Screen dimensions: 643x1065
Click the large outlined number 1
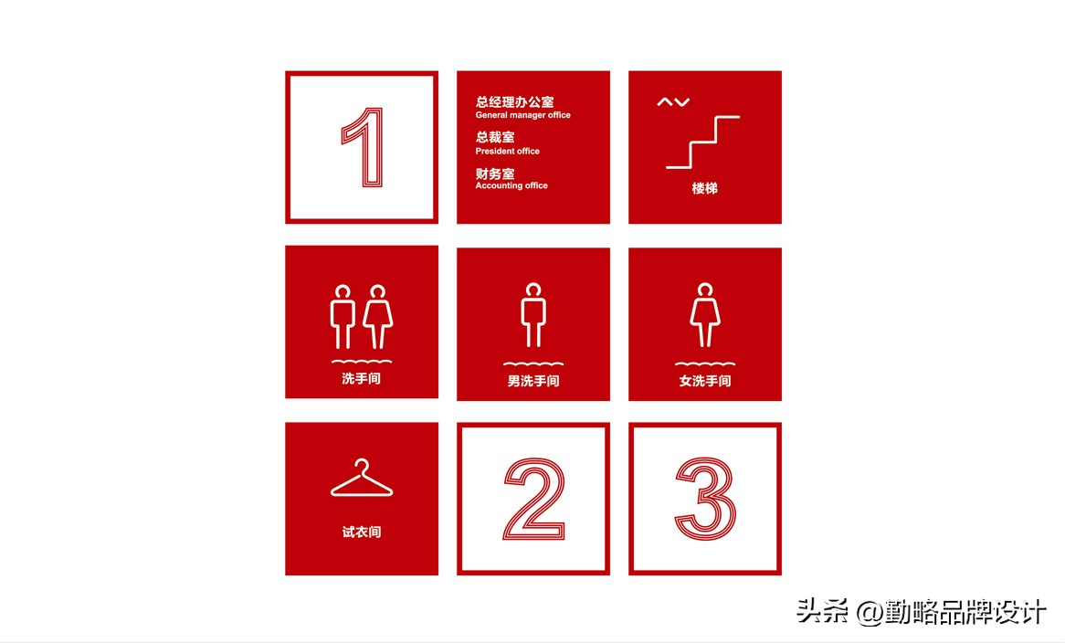364,147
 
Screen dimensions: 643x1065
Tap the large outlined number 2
533,499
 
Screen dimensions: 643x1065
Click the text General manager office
522,115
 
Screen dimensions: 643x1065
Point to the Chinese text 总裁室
494,137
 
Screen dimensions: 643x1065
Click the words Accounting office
511,185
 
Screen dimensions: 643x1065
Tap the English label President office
507,151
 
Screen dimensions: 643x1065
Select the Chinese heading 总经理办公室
514,102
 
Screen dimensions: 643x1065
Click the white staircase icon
702,142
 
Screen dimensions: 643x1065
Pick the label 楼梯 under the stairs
704,188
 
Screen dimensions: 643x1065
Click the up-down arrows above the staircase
673,102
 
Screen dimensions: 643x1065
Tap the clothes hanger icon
362,480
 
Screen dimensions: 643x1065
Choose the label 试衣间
362,532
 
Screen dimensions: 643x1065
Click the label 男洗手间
533,381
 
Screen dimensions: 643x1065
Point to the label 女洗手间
705,381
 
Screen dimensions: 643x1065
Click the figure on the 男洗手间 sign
533,315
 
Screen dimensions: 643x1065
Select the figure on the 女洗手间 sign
704,315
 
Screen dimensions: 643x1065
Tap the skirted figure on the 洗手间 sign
377,317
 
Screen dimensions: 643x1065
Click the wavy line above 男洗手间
533,364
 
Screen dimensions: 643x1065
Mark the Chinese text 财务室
494,174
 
